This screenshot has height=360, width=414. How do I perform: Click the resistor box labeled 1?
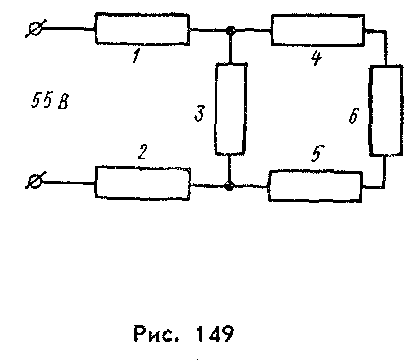[142, 29]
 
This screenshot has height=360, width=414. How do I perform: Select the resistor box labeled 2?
[142, 183]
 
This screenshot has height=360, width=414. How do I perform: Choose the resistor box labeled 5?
[315, 185]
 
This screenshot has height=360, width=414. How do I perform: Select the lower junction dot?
[229, 185]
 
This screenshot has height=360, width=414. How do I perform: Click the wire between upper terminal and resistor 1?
[68, 29]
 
